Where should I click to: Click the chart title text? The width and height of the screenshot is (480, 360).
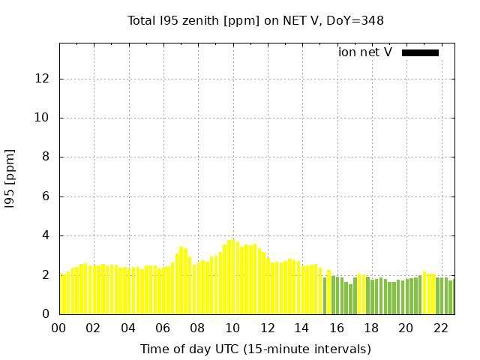(x=256, y=20)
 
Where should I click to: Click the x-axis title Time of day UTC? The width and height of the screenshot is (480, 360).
(x=256, y=349)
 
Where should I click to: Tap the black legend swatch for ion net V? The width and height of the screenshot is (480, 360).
(x=420, y=52)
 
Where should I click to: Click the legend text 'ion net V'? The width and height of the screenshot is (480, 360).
(x=365, y=52)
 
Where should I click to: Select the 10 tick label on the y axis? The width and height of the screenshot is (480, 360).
(x=43, y=118)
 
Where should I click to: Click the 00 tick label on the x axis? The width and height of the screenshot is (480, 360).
(x=59, y=328)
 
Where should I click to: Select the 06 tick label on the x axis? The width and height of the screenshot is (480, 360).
(x=163, y=328)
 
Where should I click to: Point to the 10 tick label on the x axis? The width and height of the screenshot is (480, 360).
(x=232, y=328)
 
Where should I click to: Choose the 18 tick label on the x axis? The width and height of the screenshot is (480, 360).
(x=371, y=328)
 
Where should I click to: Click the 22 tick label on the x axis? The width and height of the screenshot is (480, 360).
(x=441, y=328)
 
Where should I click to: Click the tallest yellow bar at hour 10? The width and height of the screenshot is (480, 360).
(x=233, y=277)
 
